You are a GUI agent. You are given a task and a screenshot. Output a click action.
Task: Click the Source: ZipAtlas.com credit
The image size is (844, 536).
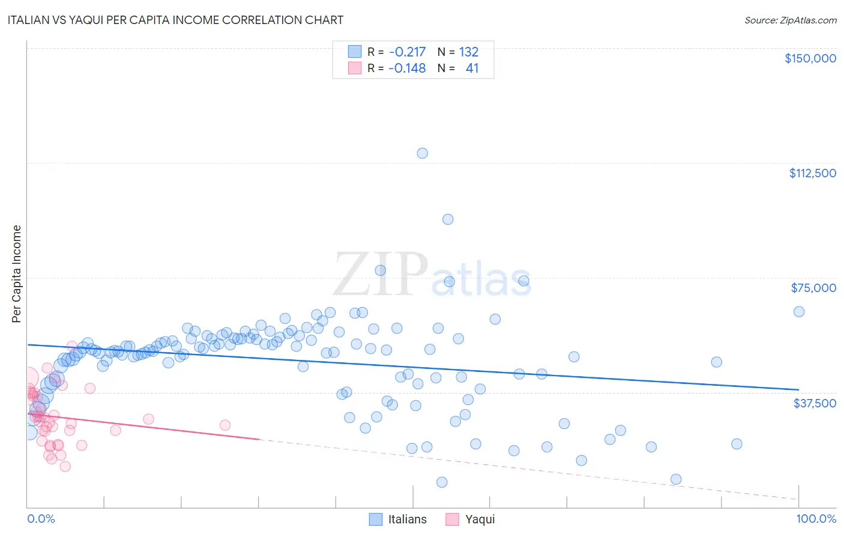tap(790, 20)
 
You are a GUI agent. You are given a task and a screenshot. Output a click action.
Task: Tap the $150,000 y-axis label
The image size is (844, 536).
tap(810, 58)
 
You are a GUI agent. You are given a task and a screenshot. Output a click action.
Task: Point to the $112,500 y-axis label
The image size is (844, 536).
tap(812, 173)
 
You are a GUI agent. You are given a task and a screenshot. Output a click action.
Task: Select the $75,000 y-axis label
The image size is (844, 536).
tap(813, 288)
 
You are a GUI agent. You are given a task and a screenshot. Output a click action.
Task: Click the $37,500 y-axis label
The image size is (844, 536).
tap(814, 403)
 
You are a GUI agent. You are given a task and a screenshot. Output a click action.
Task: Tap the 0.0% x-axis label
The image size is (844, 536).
tap(41, 519)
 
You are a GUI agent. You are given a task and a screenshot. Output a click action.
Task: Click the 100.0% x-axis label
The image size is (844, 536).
tap(816, 519)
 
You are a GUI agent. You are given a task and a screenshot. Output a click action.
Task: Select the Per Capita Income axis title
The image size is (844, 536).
tap(17, 274)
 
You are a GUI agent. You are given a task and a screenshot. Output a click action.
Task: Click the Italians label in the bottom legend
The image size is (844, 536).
tap(407, 519)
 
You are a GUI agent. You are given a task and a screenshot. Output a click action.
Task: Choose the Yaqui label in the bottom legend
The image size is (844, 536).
tap(480, 519)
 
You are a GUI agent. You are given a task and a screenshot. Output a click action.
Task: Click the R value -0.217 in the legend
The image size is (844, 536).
tap(406, 52)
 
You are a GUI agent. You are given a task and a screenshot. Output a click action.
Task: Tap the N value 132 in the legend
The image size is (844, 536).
tap(468, 52)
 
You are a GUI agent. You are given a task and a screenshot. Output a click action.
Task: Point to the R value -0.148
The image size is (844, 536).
tap(406, 68)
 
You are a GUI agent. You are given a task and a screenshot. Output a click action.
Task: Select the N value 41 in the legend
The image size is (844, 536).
tap(472, 68)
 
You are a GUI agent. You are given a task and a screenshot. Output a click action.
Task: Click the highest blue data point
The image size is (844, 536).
tap(422, 153)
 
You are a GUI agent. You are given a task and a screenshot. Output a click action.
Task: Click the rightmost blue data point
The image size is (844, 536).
tap(798, 311)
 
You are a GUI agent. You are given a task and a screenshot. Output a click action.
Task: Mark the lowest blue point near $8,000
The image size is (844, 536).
tap(442, 482)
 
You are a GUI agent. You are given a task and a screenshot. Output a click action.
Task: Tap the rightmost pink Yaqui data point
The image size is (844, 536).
tap(225, 425)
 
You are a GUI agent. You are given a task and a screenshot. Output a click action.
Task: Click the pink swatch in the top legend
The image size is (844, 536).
tap(355, 68)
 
